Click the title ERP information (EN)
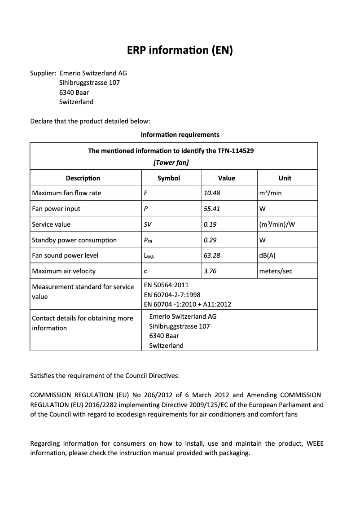[180, 50]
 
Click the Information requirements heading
[180, 135]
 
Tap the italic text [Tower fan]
[171, 162]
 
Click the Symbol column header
[169, 178]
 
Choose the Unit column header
[285, 178]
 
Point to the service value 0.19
[210, 224]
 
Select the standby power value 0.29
[210, 240]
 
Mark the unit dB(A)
[268, 255]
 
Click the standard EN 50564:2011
[166, 285]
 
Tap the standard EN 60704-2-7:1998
[172, 295]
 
